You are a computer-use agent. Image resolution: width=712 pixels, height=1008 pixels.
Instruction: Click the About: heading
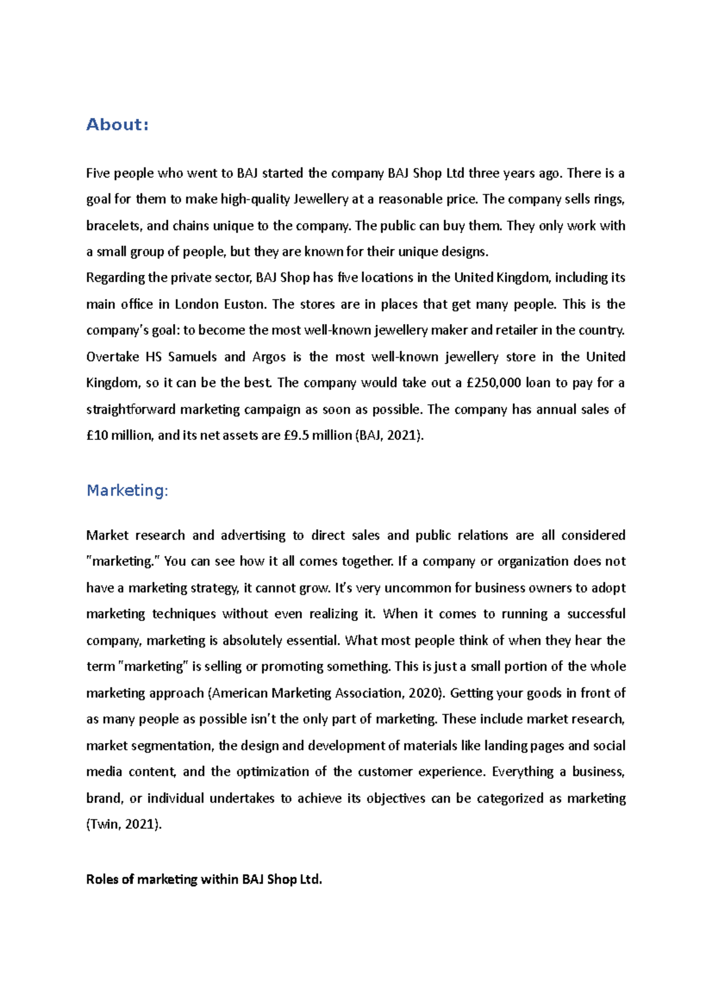[117, 125]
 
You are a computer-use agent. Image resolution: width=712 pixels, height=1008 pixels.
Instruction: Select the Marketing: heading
[128, 490]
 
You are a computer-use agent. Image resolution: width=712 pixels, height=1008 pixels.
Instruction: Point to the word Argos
[269, 357]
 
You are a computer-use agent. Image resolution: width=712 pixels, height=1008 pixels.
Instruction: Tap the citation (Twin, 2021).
[124, 824]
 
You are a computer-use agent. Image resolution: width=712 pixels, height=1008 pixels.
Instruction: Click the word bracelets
[113, 226]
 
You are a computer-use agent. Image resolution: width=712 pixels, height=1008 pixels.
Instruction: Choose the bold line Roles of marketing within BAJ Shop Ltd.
[204, 879]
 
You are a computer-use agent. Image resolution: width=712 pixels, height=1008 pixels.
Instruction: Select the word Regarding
[115, 277]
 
